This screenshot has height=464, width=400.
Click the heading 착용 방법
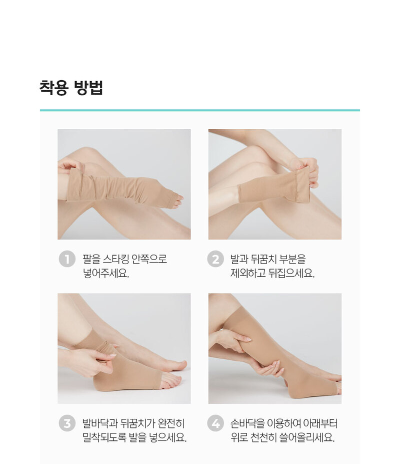(x=71, y=88)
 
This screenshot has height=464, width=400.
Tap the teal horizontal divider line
(x=200, y=110)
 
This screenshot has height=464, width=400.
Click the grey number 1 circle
(x=67, y=259)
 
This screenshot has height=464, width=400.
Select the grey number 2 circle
(x=215, y=259)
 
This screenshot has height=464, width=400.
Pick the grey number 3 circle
(x=67, y=423)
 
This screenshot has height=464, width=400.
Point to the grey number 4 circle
(x=215, y=423)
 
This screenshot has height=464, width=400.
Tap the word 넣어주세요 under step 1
(x=106, y=273)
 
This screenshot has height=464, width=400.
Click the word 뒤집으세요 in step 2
(x=291, y=273)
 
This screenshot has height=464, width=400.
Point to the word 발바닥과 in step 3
(x=100, y=423)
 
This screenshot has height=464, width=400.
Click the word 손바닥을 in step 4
(x=247, y=423)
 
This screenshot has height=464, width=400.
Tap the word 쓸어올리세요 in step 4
(x=307, y=437)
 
